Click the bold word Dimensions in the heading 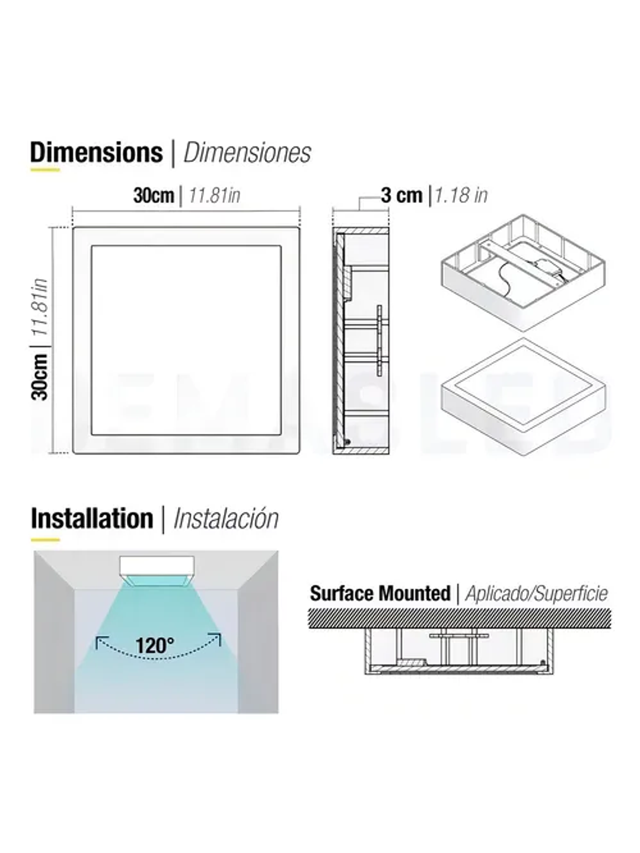[96, 152]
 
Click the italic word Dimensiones [247, 152]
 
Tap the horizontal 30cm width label [154, 195]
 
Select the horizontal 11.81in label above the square [214, 195]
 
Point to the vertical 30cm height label [40, 377]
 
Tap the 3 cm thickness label [402, 195]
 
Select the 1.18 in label [461, 195]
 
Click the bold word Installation [92, 519]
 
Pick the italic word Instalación [226, 519]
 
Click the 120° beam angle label [155, 645]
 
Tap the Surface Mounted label [380, 593]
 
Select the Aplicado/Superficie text [536, 593]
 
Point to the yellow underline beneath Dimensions [45, 170]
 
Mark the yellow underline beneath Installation [45, 540]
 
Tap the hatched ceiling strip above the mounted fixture [460, 618]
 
